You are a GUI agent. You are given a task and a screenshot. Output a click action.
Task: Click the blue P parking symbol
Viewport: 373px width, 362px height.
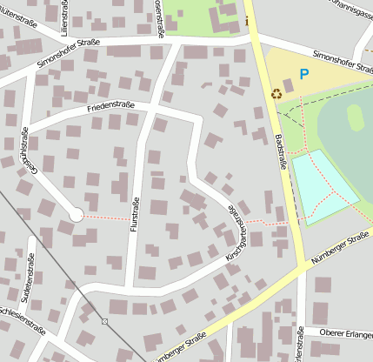303,75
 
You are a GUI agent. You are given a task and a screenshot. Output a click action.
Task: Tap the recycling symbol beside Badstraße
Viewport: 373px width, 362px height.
276,94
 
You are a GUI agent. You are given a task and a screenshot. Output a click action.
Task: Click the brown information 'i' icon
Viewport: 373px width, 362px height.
247,21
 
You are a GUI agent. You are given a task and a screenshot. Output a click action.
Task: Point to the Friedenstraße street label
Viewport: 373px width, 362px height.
111,108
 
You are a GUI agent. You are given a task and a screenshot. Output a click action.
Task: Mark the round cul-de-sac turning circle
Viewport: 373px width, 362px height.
76,214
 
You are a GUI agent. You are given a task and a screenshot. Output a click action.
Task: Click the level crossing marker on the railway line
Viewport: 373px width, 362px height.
104,321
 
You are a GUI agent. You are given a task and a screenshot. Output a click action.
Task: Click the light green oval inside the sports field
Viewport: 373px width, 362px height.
356,117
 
